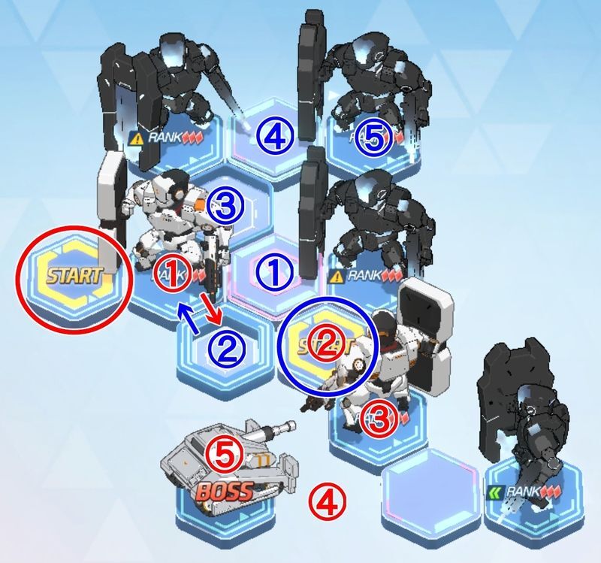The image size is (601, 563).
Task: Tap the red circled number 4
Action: (x=328, y=497)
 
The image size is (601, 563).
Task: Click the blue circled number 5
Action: (x=374, y=138)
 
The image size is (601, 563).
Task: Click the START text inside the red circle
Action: (x=72, y=274)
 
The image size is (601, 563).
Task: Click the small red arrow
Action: (x=213, y=312)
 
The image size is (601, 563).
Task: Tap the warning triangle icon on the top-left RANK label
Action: (x=136, y=138)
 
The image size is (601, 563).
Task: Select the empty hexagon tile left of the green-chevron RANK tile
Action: (x=430, y=481)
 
